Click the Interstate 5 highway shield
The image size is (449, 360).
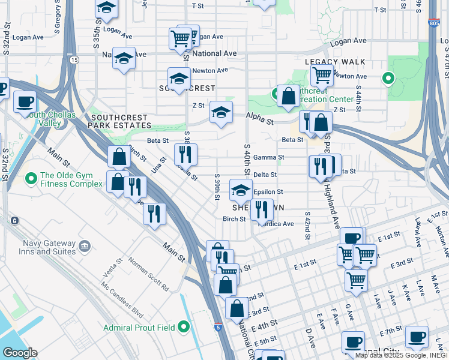click(x=218, y=328)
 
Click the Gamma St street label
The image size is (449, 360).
click(x=268, y=157)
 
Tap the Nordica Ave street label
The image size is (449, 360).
click(x=276, y=224)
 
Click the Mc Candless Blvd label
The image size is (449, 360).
click(x=122, y=302)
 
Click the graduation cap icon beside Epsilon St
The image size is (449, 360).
click(x=241, y=190)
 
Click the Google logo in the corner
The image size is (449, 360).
click(x=19, y=353)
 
